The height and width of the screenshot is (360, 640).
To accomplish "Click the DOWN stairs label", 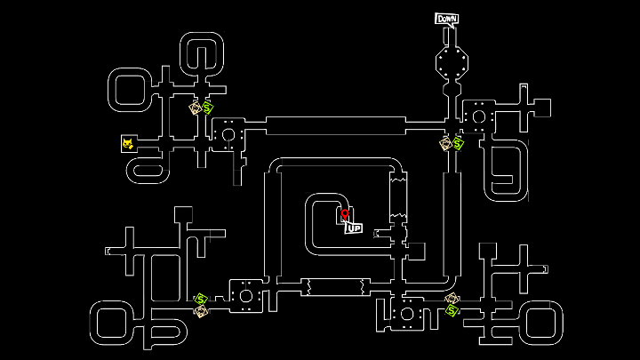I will [x=446, y=19].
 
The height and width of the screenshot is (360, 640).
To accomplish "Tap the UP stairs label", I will [x=354, y=228].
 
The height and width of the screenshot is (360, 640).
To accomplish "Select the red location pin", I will [x=345, y=214].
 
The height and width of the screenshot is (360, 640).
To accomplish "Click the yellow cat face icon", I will [x=129, y=143].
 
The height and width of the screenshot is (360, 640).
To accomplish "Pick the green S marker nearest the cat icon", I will [x=207, y=108].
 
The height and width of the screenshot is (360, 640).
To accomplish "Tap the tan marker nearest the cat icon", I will [x=196, y=108].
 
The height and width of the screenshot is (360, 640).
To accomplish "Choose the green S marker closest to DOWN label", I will [x=458, y=143].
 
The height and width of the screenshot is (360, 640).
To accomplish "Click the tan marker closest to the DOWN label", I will [x=445, y=143].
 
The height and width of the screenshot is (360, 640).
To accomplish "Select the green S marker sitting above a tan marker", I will [x=201, y=299].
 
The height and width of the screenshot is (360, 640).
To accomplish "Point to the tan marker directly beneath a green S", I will [x=201, y=310].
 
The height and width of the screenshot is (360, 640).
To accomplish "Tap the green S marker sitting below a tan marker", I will [x=452, y=310].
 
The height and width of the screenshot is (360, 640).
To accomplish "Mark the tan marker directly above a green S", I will [x=452, y=299].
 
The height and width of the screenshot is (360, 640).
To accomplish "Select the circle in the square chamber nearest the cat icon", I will [x=228, y=135].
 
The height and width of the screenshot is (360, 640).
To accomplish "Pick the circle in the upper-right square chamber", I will [x=478, y=116].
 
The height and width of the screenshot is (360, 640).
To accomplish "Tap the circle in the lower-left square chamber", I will [x=245, y=295].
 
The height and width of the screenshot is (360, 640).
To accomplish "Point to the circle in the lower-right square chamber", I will [x=406, y=314].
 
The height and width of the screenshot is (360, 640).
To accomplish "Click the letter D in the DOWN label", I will [x=439, y=19].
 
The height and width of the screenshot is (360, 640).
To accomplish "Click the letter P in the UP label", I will [x=357, y=228].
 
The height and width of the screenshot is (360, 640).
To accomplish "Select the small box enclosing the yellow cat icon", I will [x=129, y=143].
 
